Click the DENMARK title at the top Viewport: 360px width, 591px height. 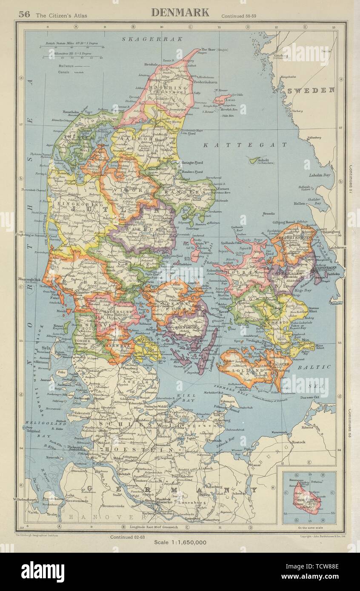coord(180,12)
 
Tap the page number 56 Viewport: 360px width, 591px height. coord(24,14)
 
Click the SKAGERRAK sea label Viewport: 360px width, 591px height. coord(152,39)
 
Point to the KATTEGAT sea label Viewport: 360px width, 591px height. coord(245,145)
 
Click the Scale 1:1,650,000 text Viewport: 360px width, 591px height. coord(180,542)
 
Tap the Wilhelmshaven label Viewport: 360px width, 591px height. coord(25,499)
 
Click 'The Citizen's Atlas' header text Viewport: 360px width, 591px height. coord(61,16)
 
